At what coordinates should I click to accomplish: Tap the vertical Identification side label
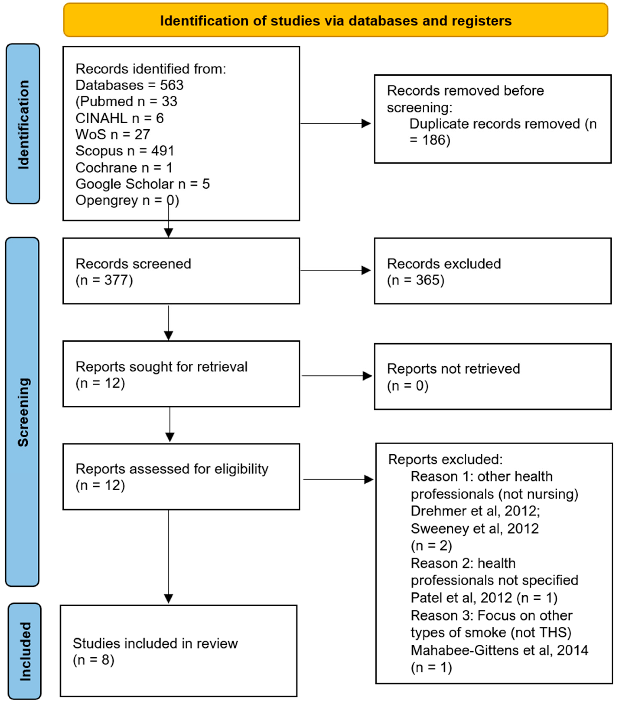pos(23,124)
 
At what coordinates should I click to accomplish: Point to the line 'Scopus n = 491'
pos(125,151)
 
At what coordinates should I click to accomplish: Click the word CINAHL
pos(101,118)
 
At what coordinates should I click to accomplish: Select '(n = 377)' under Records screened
pos(104,280)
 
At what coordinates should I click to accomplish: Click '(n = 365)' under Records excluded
pos(416,280)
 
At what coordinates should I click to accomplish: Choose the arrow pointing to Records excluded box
pos(366,270)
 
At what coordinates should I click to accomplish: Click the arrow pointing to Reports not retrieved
pos(367,376)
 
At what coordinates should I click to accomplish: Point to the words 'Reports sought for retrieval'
pos(161,367)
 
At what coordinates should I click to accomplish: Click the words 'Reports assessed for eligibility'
pos(171,469)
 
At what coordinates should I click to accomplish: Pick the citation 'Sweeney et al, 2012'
pos(474,528)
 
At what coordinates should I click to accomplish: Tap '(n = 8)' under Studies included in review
pos(93,660)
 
